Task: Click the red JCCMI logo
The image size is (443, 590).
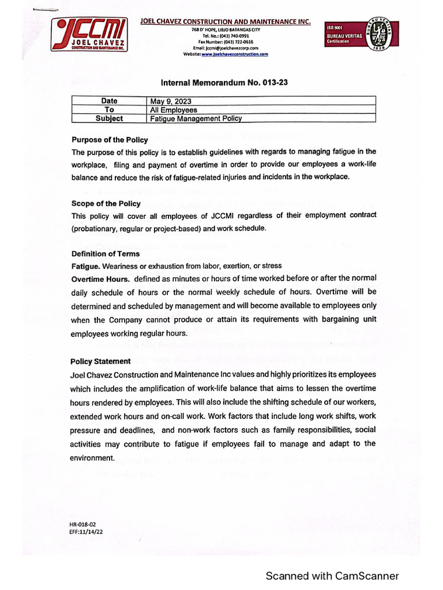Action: [x=89, y=35]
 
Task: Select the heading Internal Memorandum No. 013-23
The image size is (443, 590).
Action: [x=225, y=83]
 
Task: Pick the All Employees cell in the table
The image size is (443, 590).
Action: [x=174, y=110]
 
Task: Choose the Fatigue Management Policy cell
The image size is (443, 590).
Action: [x=196, y=119]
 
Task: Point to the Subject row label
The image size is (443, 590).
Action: [x=109, y=119]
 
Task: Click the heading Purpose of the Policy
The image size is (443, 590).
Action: [x=110, y=140]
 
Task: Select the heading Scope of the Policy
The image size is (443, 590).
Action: [x=106, y=204]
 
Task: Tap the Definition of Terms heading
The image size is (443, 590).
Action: [x=106, y=254]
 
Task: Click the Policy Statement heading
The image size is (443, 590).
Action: [x=100, y=361]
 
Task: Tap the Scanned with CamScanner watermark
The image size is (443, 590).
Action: [x=332, y=576]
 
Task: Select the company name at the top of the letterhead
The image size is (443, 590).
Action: [x=226, y=22]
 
